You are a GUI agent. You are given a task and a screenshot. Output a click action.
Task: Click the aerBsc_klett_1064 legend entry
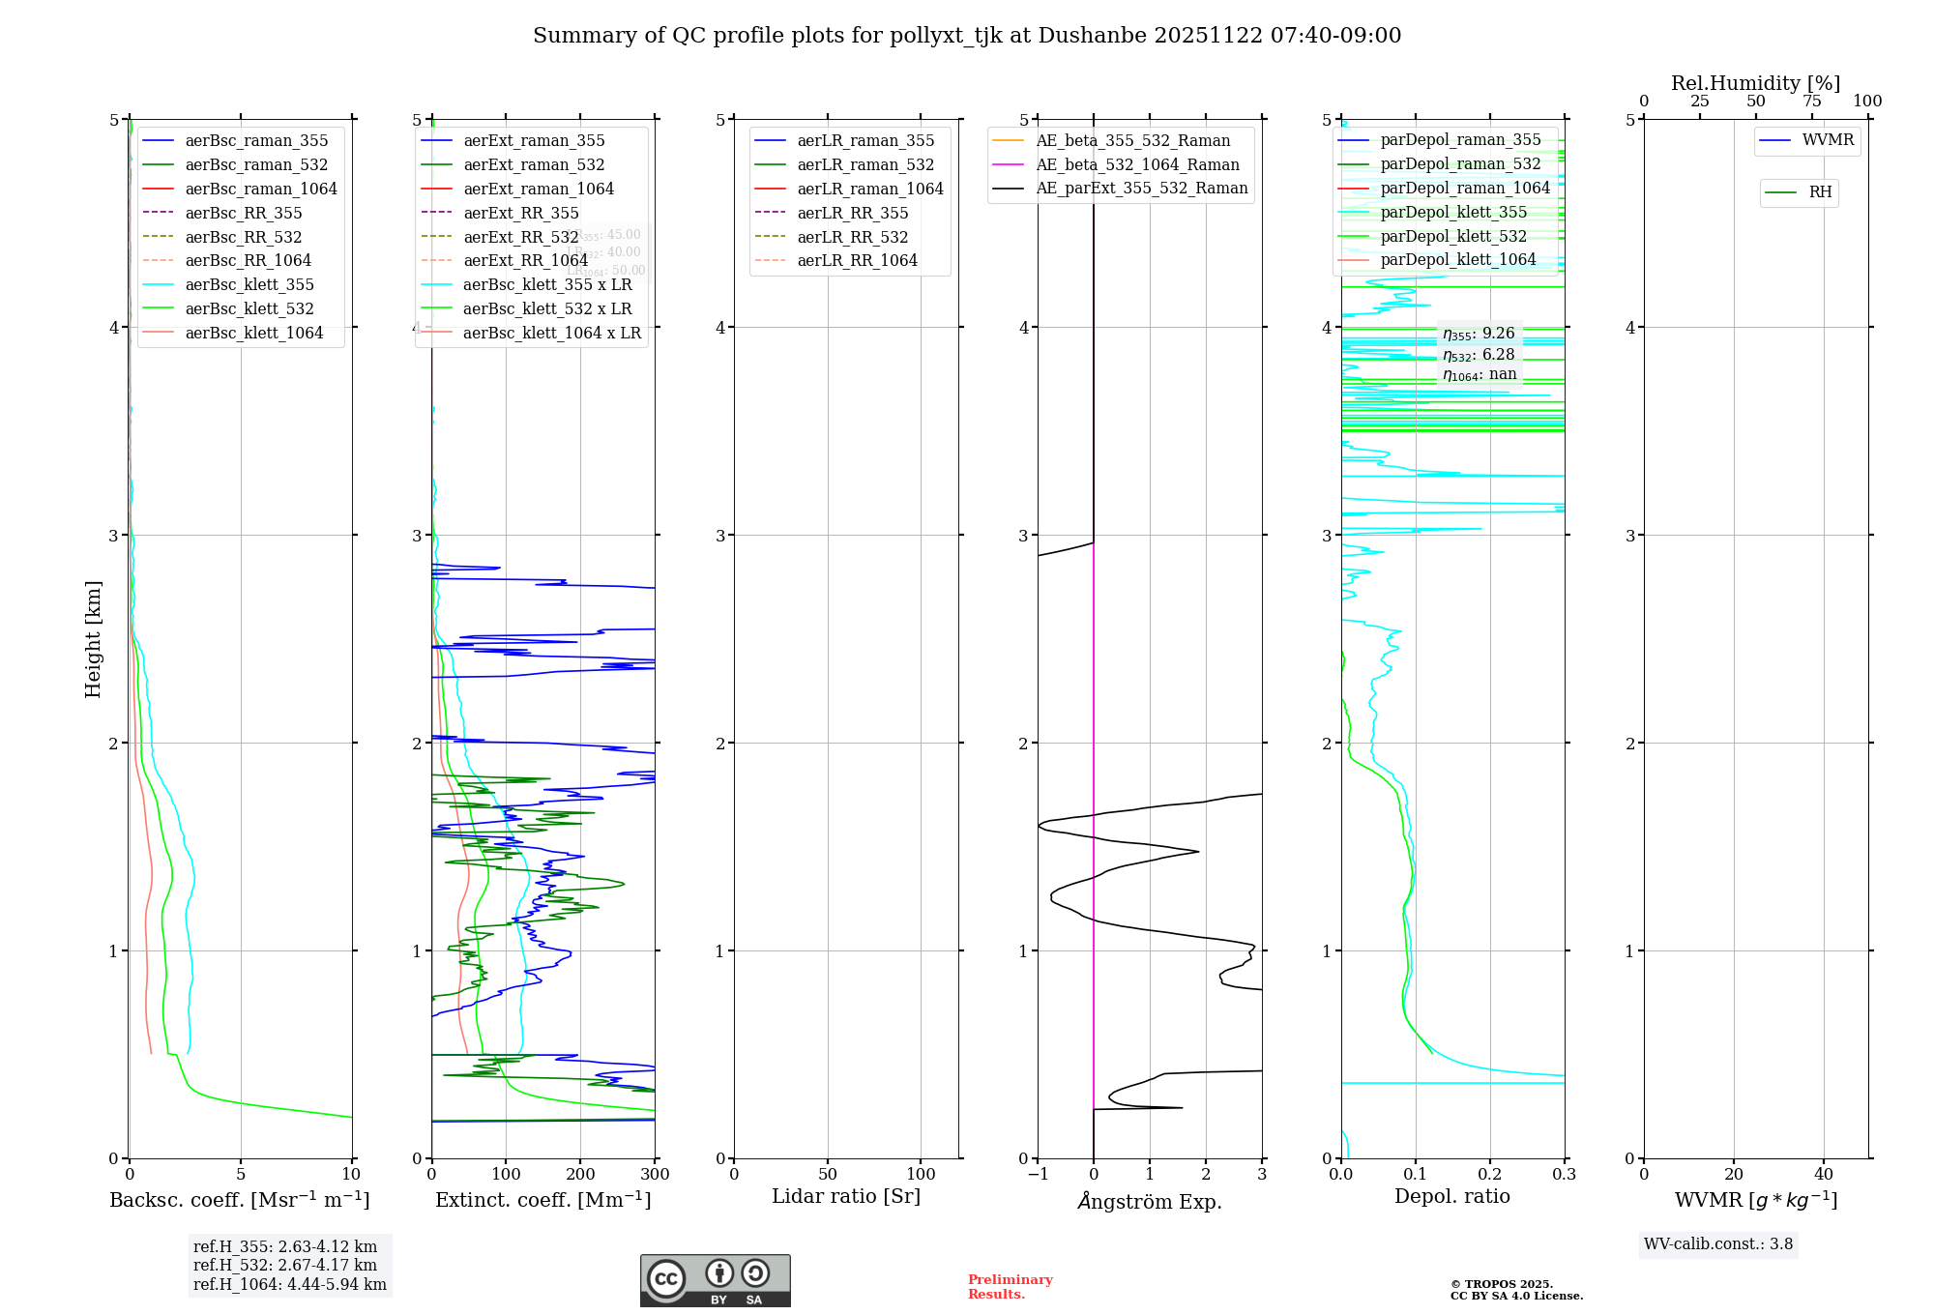coord(253,333)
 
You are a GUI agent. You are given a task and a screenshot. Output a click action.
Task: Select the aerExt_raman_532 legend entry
coord(534,164)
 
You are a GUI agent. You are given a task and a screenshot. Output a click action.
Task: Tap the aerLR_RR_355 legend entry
coord(852,213)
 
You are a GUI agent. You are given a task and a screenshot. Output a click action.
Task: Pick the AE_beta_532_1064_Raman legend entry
coord(1137,164)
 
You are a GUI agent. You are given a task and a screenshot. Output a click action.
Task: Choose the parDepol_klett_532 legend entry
coord(1452,236)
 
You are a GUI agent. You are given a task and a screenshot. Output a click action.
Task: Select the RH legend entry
coord(1820,192)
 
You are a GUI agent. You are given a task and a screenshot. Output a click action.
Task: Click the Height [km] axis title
coord(93,639)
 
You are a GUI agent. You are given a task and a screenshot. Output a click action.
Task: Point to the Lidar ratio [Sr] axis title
coord(846,1196)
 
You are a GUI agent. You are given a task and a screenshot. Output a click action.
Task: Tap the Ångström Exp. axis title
coord(1150,1201)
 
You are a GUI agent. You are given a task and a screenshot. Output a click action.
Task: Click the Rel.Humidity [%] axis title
coord(1755,83)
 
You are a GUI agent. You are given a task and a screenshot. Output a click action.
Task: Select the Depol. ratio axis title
coord(1451,1196)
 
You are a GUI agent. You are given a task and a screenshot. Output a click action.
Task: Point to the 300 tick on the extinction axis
coord(655,1174)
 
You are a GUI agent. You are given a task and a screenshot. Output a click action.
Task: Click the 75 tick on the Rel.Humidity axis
coord(1811,102)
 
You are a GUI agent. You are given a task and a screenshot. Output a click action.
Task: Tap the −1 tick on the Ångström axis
coord(1038,1174)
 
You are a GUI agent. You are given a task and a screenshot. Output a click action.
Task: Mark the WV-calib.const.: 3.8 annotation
coord(1718,1243)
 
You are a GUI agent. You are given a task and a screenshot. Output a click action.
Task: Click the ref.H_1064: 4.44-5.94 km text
coord(289,1284)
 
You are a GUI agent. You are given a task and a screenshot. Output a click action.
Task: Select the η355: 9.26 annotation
coord(1479,334)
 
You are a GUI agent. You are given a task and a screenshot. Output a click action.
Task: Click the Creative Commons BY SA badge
coord(715,1280)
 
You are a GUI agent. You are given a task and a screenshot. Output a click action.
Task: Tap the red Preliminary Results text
coord(1010,1286)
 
